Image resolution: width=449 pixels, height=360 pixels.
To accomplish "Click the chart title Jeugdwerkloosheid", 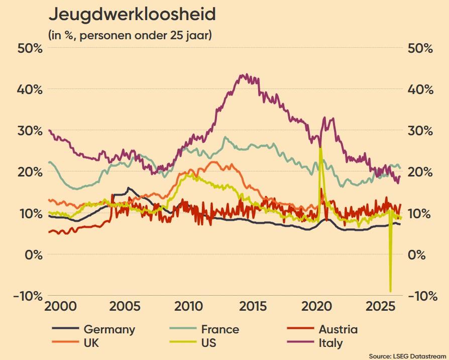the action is [x=132, y=15].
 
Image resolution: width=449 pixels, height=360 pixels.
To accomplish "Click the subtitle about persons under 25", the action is [x=130, y=36].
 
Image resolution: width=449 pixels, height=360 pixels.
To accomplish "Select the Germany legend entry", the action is [x=93, y=329].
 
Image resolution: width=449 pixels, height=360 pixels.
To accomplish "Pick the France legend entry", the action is [x=204, y=329].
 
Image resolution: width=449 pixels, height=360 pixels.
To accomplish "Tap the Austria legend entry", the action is [x=322, y=329].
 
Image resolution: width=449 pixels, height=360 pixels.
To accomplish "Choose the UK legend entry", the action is [x=75, y=343].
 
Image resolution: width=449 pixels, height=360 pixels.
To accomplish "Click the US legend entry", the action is [x=193, y=343].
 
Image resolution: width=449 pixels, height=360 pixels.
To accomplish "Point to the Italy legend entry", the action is [x=315, y=343].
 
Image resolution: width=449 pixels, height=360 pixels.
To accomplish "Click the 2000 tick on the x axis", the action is [x=60, y=306].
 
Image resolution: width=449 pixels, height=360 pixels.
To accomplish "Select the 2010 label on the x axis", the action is [x=188, y=306].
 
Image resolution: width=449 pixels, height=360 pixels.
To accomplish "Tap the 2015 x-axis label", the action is [x=253, y=306].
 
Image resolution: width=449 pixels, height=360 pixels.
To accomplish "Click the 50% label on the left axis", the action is [x=30, y=48].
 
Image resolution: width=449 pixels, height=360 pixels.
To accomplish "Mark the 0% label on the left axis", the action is [x=33, y=254].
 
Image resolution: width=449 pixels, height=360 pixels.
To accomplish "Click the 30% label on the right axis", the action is [x=420, y=131].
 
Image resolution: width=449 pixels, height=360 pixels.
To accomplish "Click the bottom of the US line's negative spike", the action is [x=390, y=291].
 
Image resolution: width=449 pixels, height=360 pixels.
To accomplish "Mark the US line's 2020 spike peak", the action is [x=320, y=147].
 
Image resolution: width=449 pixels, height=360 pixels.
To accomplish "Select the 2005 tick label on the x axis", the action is [x=125, y=306].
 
